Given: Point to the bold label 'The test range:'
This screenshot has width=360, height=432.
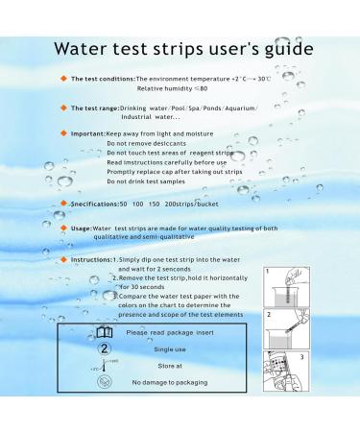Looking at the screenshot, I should (93, 108).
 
